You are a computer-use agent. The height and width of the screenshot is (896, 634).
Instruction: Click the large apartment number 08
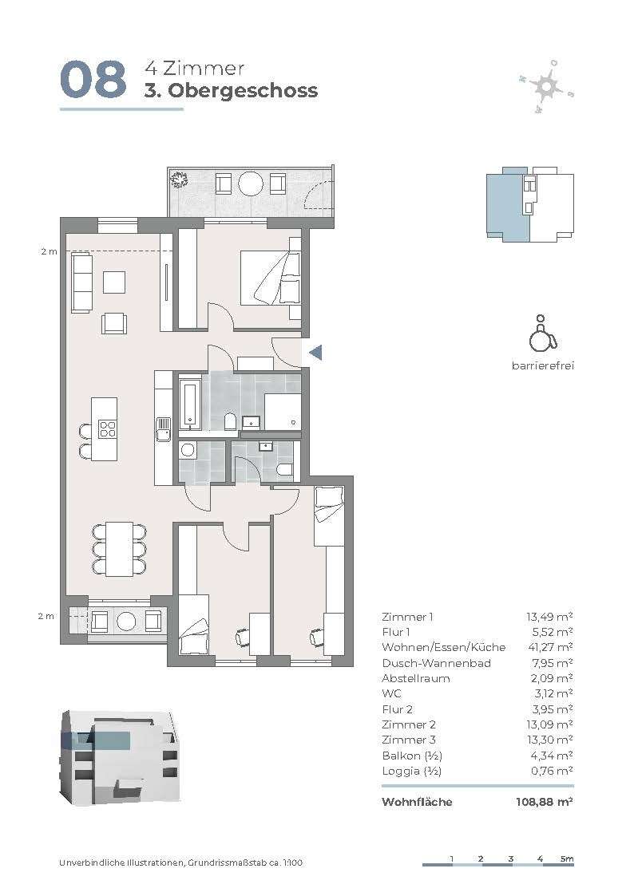(x=93, y=80)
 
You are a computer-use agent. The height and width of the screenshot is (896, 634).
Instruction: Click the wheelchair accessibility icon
(x=542, y=334)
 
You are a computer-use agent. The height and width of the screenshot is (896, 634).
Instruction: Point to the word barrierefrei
(x=542, y=365)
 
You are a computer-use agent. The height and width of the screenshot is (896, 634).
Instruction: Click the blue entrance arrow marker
(x=315, y=353)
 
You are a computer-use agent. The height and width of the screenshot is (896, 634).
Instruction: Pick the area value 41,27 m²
(x=549, y=647)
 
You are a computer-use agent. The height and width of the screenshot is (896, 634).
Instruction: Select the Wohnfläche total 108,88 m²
(x=545, y=802)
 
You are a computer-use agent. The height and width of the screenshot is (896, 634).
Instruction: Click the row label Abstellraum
(x=416, y=678)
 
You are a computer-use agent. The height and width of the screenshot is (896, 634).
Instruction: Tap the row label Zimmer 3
(x=408, y=740)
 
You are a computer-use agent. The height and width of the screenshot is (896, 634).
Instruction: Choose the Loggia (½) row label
(x=411, y=771)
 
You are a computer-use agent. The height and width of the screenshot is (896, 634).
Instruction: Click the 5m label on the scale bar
(x=567, y=859)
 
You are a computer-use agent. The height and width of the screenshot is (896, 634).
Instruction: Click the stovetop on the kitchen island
(x=108, y=429)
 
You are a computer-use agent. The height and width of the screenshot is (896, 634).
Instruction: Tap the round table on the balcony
(x=251, y=184)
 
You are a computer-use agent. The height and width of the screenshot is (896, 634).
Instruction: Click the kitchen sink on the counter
(x=164, y=429)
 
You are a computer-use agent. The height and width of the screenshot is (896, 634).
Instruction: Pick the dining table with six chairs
(x=119, y=549)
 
